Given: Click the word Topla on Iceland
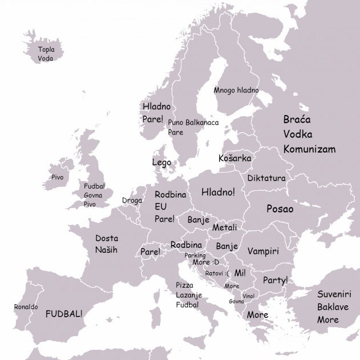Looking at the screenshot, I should tap(46, 50).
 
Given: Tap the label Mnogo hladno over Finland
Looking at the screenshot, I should tap(236, 91).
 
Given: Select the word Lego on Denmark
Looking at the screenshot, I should tap(161, 162).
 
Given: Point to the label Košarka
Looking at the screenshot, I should tap(235, 158).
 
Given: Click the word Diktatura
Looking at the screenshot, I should tap(266, 178).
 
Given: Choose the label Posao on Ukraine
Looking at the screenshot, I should tap(280, 209).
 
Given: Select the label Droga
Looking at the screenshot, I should tap(132, 201).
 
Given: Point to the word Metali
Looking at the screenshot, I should tap(224, 228).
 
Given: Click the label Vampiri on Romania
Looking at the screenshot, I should tap(263, 251).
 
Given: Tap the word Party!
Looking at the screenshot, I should tap(275, 280).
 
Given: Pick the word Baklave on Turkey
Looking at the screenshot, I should tap(333, 307).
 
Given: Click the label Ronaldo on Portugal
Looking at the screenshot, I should tap(26, 307).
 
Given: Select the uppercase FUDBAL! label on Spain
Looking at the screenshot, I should tap(64, 314).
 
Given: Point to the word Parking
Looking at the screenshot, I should tap(195, 256).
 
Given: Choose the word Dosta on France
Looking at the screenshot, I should tap(107, 238).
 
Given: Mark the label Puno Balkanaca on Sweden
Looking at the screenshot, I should tap(193, 122).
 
